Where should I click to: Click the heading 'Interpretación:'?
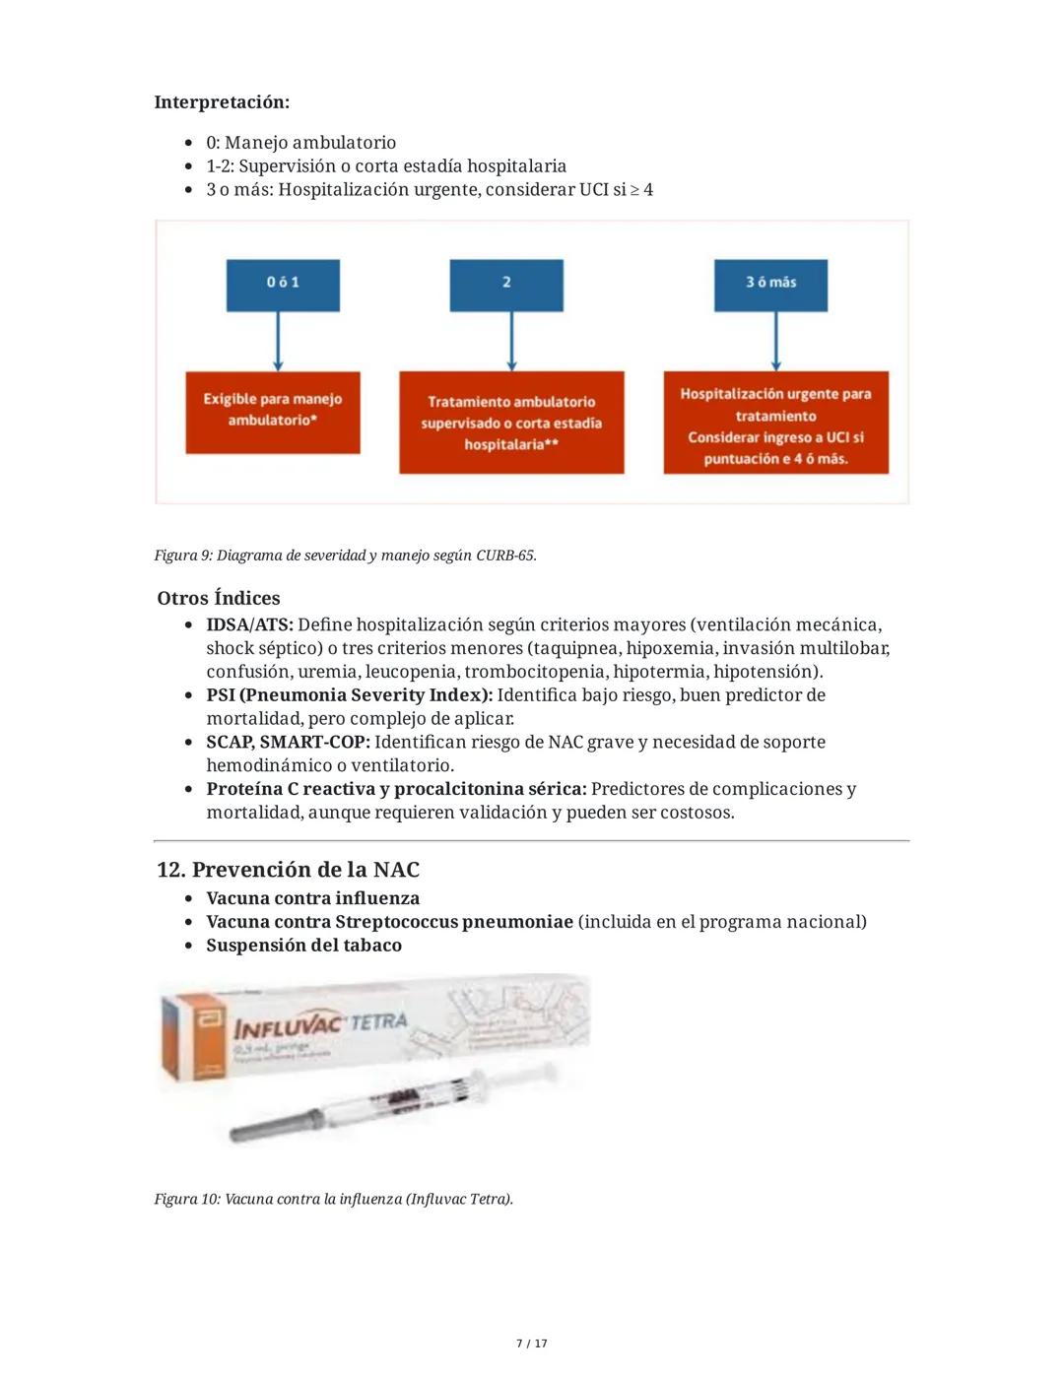point(222,102)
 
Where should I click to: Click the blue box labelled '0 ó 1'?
point(283,285)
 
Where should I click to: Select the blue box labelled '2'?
point(506,285)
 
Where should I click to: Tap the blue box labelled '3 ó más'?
point(770,285)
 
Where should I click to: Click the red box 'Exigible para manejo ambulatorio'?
point(273,412)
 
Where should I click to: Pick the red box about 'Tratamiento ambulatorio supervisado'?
point(511,423)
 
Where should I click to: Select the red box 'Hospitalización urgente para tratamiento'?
point(775,423)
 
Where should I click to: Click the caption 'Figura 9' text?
point(345,556)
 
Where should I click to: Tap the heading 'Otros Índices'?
point(219,598)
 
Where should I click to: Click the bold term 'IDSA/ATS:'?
point(249,624)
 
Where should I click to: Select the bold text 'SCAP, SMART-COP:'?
point(288,742)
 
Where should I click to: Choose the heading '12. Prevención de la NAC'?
point(288,870)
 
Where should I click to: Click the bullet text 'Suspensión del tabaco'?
point(303,945)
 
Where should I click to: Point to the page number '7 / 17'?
point(532,1343)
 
